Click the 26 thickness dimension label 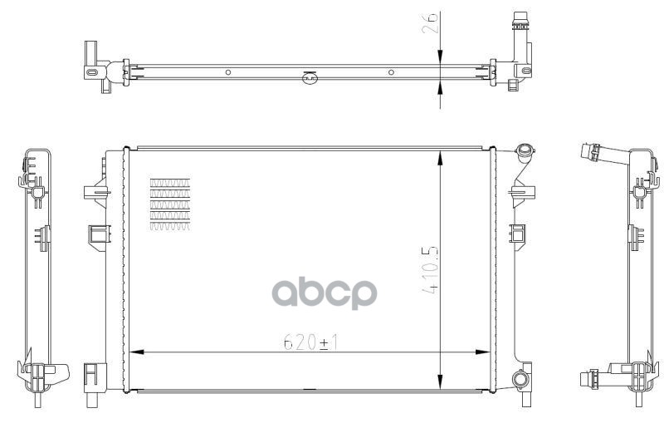pos(429,23)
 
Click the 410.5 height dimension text pos(429,271)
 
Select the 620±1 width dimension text pos(310,342)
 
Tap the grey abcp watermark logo pos(325,293)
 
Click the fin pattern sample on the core pos(170,204)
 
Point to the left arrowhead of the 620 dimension pos(136,352)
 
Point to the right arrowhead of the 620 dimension pos(482,352)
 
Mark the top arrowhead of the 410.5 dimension pos(441,158)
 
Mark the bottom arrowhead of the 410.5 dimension pos(441,381)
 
